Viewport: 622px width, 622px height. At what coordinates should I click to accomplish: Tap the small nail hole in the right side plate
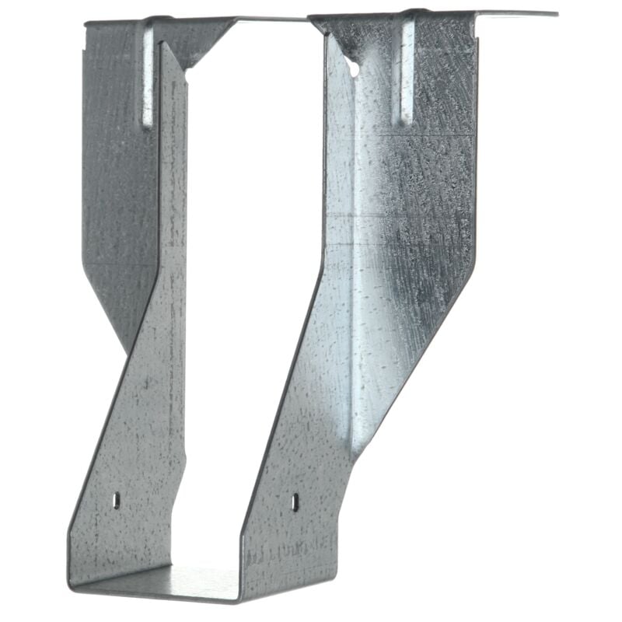[295, 501]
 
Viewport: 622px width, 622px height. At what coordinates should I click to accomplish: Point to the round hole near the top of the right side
[354, 69]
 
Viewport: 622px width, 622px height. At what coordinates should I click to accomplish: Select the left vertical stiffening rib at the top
[148, 78]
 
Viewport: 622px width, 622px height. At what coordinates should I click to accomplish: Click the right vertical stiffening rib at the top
[406, 74]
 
